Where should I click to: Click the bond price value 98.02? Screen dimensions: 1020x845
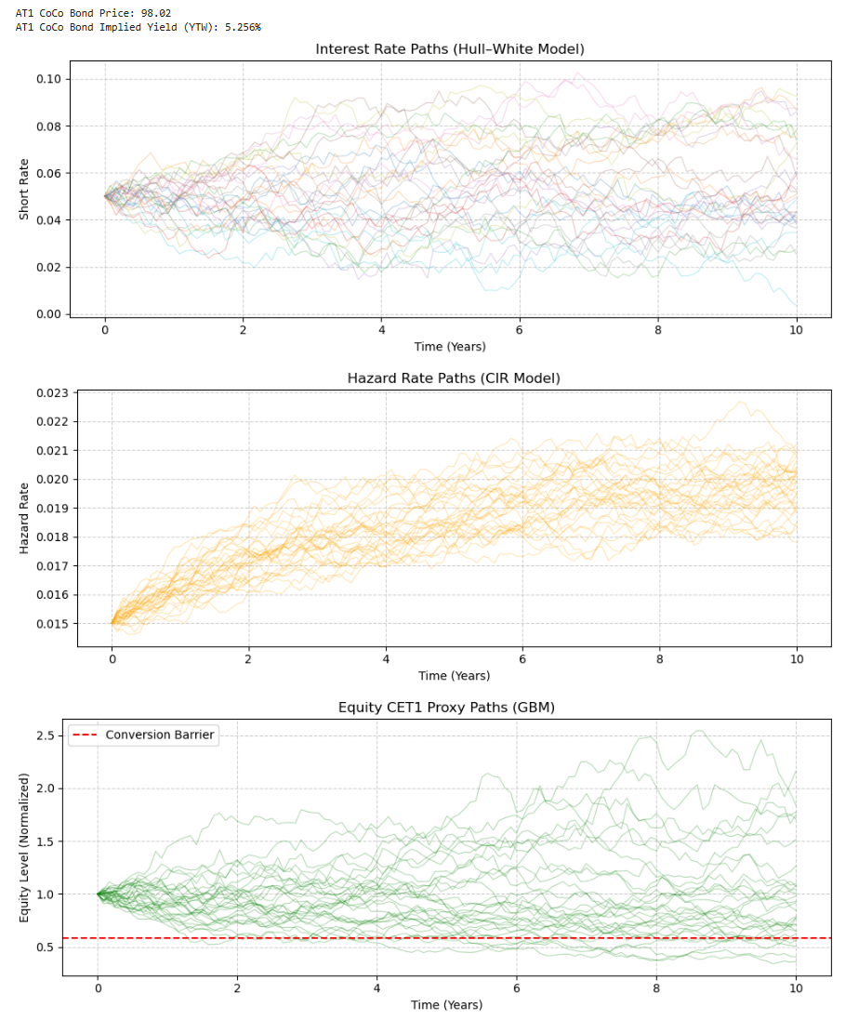point(155,13)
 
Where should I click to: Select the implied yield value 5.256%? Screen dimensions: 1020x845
point(239,27)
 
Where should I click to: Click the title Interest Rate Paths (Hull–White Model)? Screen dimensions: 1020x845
point(450,49)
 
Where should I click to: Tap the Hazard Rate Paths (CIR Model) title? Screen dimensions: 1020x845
point(454,378)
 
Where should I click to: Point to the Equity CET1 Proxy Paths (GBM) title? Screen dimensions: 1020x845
point(446,708)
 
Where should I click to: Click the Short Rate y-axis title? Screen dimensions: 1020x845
point(25,192)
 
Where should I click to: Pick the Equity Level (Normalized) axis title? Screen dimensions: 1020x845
point(25,850)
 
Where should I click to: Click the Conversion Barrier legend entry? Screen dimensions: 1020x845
point(159,735)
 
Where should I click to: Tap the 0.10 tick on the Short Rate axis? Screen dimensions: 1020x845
point(48,79)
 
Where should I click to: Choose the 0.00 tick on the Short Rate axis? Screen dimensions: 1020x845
point(48,314)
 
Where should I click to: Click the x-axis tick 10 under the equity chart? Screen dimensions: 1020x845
point(795,989)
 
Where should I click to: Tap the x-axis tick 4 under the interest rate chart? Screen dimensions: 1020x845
point(381,330)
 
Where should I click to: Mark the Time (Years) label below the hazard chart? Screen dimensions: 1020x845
point(454,676)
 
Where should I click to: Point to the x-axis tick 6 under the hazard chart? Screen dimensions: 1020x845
point(522,660)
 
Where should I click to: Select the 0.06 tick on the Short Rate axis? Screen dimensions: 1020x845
point(48,173)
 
